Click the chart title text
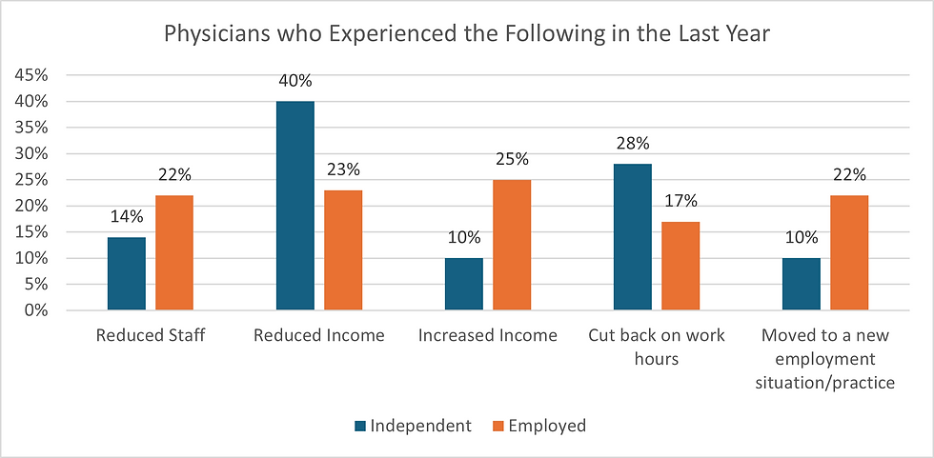click(x=467, y=34)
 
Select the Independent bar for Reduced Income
click(x=295, y=205)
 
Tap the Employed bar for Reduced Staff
click(x=174, y=252)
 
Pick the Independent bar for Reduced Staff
click(x=127, y=273)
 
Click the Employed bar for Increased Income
click(x=512, y=245)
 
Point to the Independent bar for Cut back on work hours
click(x=633, y=237)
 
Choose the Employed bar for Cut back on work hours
click(x=680, y=266)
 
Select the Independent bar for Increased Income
click(x=464, y=284)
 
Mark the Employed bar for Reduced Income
click(x=343, y=249)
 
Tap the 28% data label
click(x=633, y=144)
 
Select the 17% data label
click(x=680, y=201)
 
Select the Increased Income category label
click(x=488, y=336)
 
